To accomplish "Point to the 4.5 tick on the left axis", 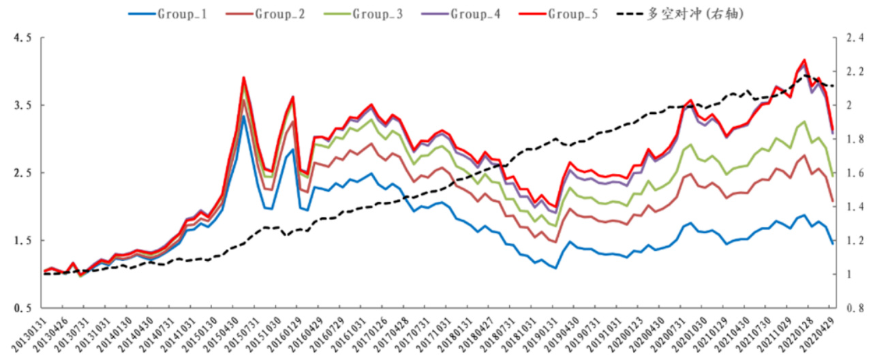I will (x=22, y=39).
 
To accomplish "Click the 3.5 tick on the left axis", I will (x=22, y=106).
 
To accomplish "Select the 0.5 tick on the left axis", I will (x=22, y=308).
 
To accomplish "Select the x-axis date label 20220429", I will (x=821, y=334).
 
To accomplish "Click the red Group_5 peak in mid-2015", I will (x=243, y=78).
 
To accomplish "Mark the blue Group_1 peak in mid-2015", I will (x=243, y=116).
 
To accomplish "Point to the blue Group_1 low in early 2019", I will (x=556, y=268).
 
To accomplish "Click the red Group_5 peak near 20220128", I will (x=805, y=60).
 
